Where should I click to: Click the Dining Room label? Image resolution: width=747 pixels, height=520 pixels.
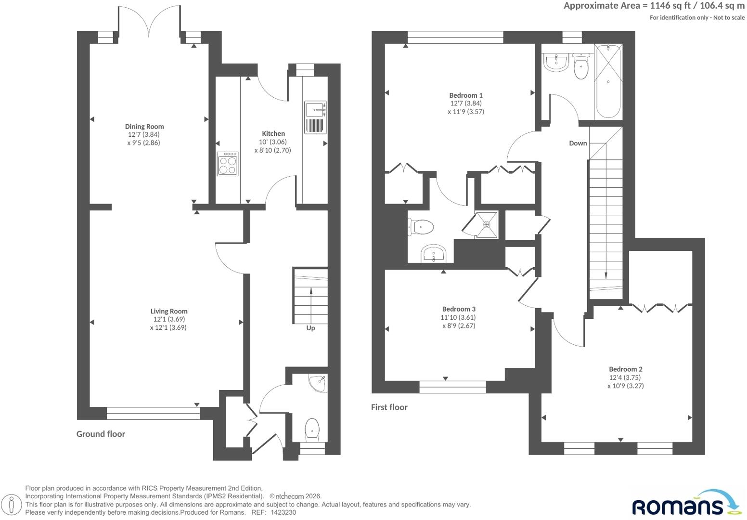(x=144, y=127)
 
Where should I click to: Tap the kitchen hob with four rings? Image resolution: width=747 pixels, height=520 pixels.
(x=228, y=164)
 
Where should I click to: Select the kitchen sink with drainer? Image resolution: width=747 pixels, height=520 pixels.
(x=315, y=117)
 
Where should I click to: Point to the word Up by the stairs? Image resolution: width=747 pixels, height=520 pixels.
(x=310, y=328)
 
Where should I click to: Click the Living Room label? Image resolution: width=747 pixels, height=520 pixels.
(x=169, y=311)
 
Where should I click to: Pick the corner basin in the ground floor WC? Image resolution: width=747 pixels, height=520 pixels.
(x=318, y=383)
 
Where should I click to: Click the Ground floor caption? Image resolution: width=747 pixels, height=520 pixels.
(x=101, y=434)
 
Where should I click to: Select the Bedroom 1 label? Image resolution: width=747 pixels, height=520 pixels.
(x=466, y=95)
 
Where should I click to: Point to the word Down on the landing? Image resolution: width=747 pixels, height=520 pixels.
(x=578, y=143)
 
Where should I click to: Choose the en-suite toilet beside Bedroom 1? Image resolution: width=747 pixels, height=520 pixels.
(x=421, y=227)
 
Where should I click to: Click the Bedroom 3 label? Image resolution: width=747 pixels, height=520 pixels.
(x=459, y=309)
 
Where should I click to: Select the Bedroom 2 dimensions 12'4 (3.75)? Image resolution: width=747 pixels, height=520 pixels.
(x=625, y=377)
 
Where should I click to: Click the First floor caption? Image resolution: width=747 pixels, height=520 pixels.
(x=389, y=407)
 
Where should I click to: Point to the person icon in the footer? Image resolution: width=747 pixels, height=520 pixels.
(x=12, y=504)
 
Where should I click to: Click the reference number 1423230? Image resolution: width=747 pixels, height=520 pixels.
(x=283, y=512)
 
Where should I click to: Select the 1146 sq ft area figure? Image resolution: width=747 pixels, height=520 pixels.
(x=670, y=6)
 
